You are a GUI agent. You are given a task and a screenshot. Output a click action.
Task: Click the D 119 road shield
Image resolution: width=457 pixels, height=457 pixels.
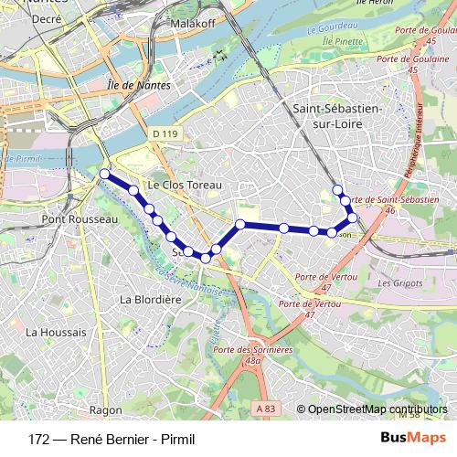(x=165, y=133)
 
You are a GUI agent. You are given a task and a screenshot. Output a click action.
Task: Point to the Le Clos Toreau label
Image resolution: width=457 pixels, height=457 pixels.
(x=186, y=184)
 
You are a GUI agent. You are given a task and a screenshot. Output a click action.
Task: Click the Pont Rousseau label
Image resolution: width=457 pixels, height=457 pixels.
(x=80, y=220)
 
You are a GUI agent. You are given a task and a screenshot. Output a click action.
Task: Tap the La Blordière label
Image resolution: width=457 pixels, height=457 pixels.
(x=148, y=299)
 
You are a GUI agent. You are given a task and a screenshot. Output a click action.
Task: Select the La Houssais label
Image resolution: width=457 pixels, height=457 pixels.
(x=57, y=332)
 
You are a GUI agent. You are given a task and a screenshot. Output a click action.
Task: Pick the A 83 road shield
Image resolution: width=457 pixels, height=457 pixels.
(x=265, y=408)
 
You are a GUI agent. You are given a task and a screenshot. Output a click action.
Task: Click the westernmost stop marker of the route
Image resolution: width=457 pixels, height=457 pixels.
(x=104, y=174)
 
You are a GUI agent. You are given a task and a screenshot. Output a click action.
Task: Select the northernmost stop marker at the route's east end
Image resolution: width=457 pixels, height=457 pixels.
(x=337, y=190)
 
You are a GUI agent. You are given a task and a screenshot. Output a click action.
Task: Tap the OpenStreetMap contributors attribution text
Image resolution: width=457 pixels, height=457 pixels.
(x=377, y=409)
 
